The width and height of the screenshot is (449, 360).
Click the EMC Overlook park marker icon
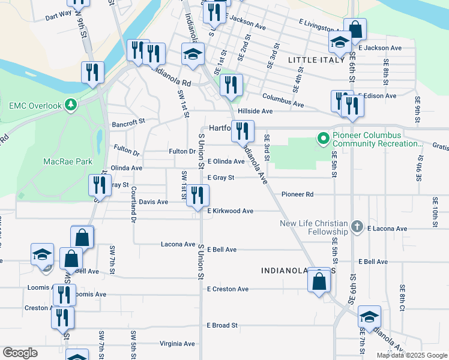point(71,105)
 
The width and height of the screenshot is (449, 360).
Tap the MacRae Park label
point(68,161)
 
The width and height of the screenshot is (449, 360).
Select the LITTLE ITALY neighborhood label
point(317,60)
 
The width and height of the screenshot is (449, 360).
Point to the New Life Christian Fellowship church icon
point(357,227)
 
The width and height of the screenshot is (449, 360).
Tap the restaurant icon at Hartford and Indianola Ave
point(243,132)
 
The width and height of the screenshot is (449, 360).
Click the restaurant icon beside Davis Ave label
point(197,196)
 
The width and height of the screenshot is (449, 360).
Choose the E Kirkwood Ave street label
point(231,211)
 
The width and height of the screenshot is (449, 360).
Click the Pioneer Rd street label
point(298,194)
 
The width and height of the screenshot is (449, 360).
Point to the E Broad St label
point(222,325)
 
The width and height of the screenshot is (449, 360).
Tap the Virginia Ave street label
point(177,344)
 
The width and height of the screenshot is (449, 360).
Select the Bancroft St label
point(128,122)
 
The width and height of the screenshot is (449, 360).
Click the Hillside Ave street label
point(255,111)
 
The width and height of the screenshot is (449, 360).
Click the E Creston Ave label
point(228,289)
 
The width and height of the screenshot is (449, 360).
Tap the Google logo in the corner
point(20,352)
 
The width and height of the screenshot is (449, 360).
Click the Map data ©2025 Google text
point(411,355)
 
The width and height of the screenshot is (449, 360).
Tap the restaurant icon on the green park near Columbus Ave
point(231,86)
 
